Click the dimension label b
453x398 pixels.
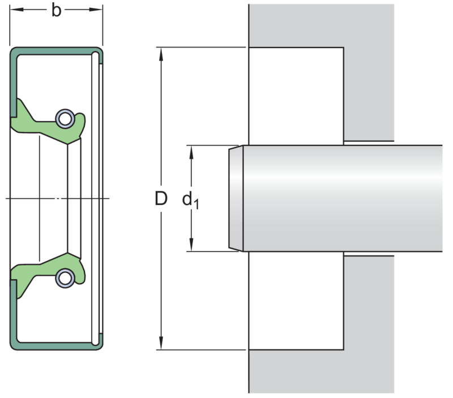coord(57,11)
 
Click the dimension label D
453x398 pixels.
coord(161,199)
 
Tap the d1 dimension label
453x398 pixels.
coord(190,200)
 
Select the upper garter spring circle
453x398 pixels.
coord(65,119)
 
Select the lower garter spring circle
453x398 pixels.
coord(65,278)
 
